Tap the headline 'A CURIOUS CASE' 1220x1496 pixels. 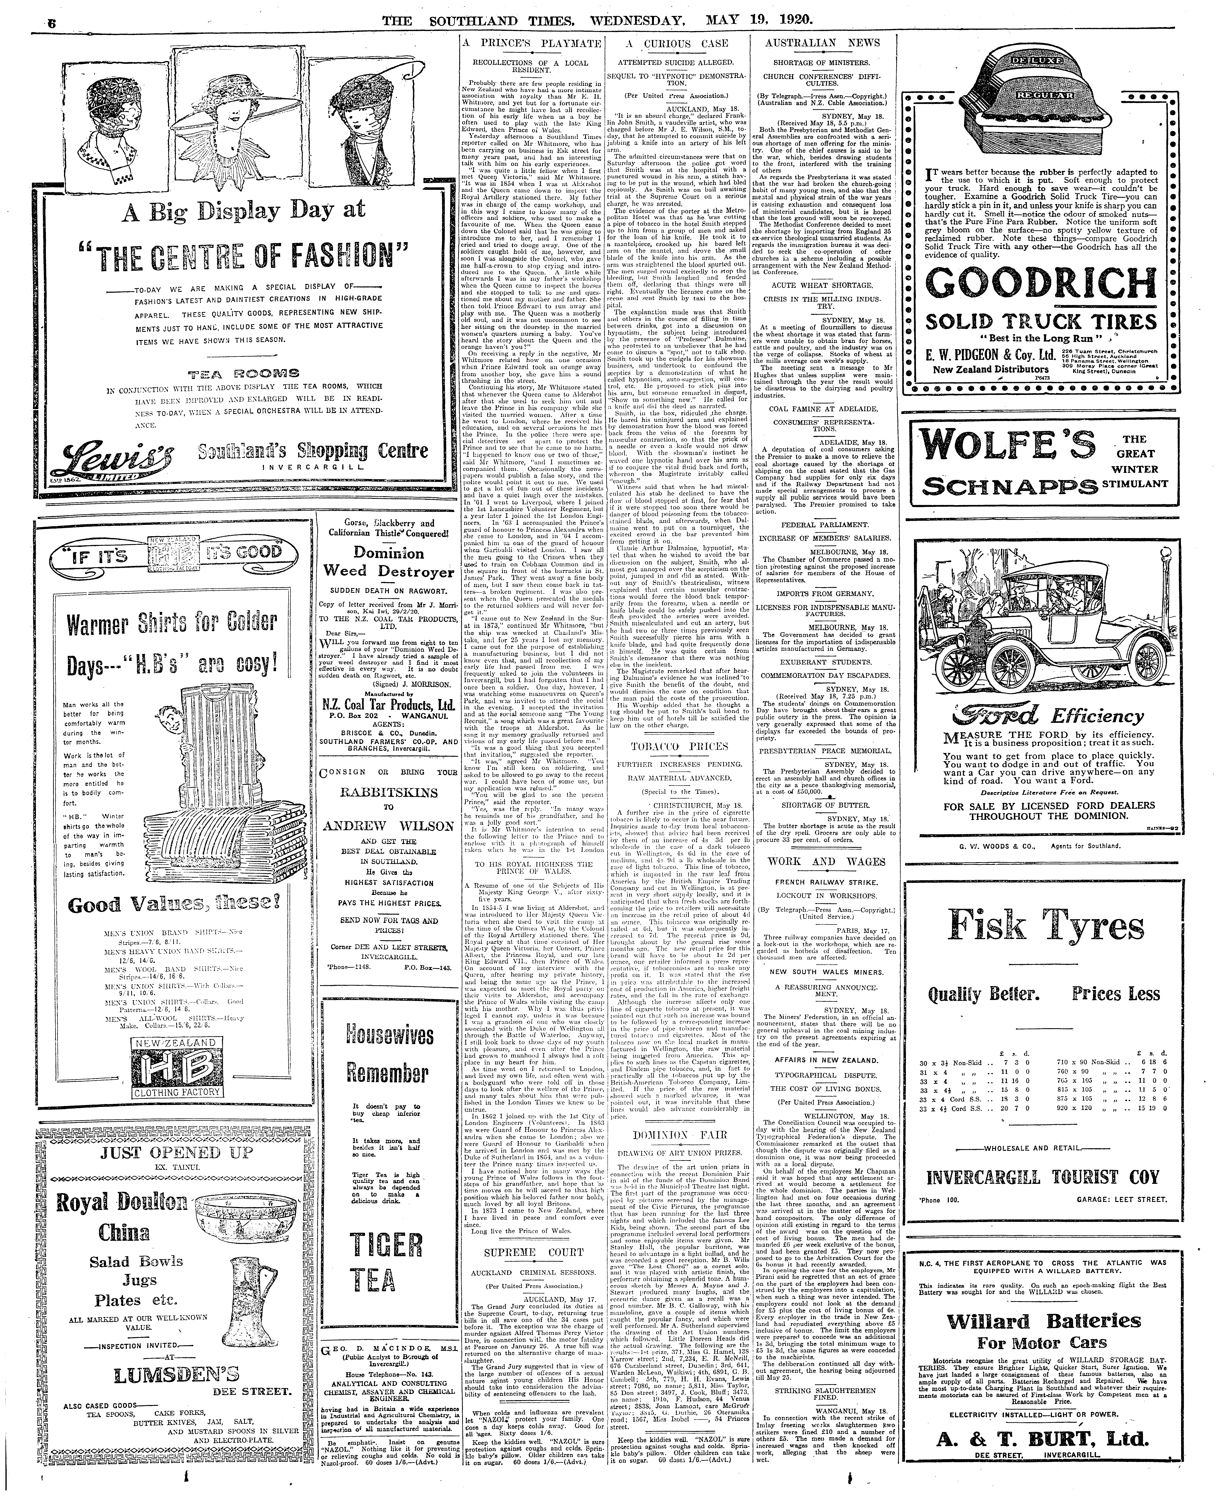tap(677, 44)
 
